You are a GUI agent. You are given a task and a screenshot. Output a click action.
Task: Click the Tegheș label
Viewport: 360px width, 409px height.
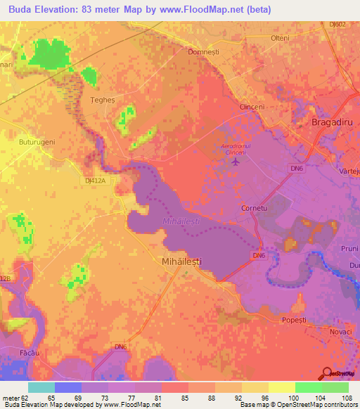coord(103,100)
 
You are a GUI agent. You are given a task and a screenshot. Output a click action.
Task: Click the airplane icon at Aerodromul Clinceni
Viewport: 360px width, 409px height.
coord(235,162)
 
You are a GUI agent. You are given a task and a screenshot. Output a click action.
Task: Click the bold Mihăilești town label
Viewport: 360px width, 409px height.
coord(177,261)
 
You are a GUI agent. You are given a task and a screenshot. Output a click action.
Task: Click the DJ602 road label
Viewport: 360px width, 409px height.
coord(338,24)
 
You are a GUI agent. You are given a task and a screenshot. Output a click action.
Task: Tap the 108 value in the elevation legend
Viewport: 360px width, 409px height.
coord(345,398)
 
